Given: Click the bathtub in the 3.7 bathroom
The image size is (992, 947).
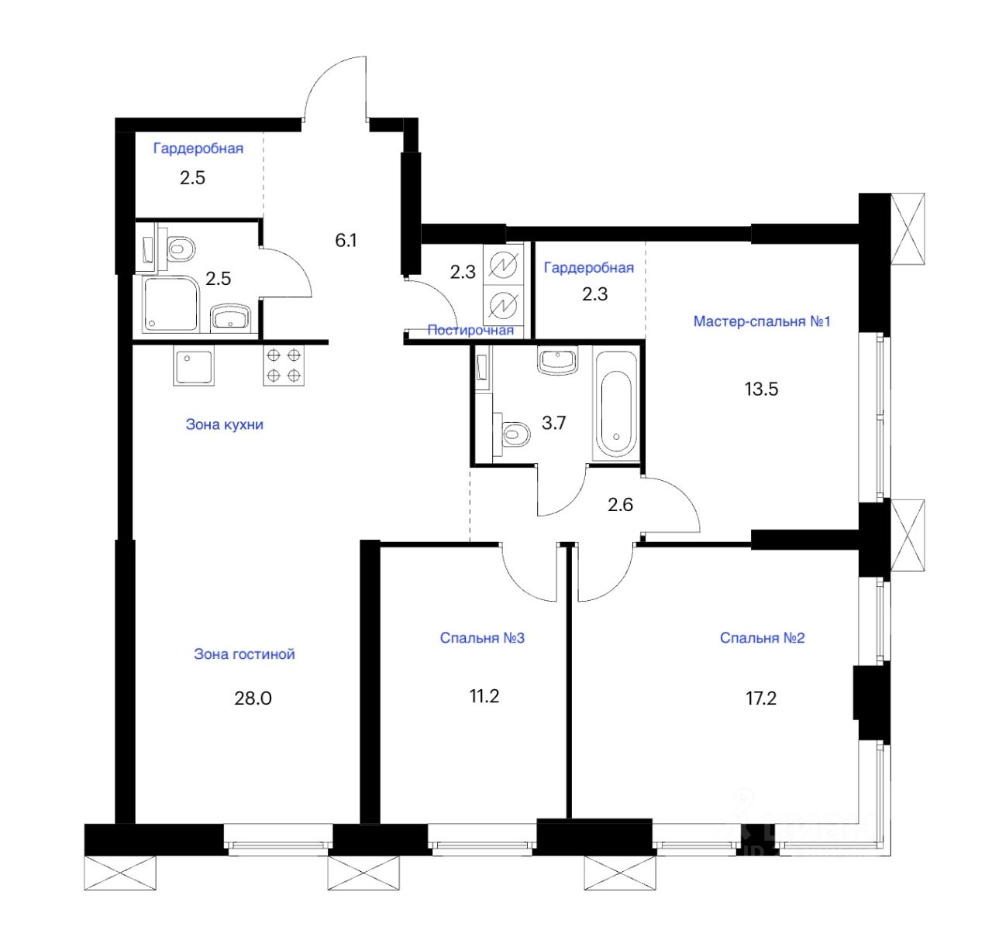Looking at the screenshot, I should pyautogui.click(x=616, y=403).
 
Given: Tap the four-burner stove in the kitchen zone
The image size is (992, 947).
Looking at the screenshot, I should pyautogui.click(x=284, y=365).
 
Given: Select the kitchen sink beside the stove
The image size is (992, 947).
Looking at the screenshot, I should pyautogui.click(x=193, y=365).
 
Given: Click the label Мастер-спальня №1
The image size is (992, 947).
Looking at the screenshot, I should pyautogui.click(x=761, y=321).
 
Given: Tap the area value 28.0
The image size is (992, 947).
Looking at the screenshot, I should pyautogui.click(x=253, y=698).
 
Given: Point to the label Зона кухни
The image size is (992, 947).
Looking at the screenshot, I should pyautogui.click(x=224, y=424).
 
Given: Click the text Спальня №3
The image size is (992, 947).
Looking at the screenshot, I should pyautogui.click(x=482, y=638).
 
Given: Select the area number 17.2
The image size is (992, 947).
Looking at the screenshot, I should pyautogui.click(x=760, y=698).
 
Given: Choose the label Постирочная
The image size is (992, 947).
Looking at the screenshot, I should pyautogui.click(x=470, y=331).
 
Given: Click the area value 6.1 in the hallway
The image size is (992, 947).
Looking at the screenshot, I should pyautogui.click(x=346, y=241).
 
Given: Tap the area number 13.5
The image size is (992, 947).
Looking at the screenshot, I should pyautogui.click(x=761, y=389).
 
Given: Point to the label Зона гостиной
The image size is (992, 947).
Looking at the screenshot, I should pyautogui.click(x=244, y=654).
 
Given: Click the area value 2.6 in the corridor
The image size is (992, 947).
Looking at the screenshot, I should pyautogui.click(x=620, y=505).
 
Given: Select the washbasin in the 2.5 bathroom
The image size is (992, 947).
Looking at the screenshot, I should pyautogui.click(x=229, y=317).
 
